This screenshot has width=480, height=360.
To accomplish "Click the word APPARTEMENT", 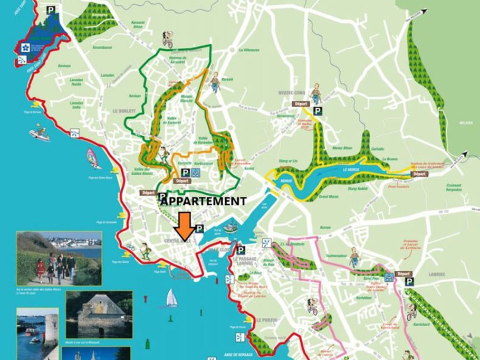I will [203, 201].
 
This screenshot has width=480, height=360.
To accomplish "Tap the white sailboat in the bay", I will [172, 298].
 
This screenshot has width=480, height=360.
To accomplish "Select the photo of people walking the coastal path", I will [59, 259].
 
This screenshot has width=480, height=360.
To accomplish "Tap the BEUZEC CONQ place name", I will [292, 92].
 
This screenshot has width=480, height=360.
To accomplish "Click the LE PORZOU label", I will [266, 320].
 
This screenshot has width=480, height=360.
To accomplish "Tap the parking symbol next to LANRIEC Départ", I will [409, 282].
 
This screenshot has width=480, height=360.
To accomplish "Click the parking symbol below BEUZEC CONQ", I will [318, 111].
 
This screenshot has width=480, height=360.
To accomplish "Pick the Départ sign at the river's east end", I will [419, 174].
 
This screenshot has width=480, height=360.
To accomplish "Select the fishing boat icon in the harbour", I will [230, 228].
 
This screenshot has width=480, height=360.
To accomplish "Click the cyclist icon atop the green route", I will [168, 39].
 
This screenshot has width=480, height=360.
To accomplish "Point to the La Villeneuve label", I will [248, 51].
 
